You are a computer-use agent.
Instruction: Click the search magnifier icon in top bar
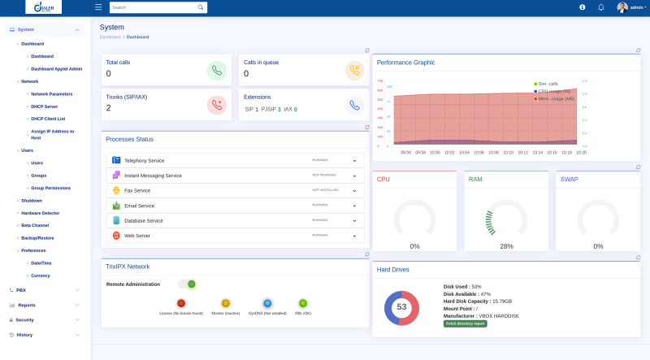coord(201,7)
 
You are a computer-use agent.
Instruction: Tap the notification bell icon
coord(600,7)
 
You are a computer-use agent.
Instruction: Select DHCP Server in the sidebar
coord(44,106)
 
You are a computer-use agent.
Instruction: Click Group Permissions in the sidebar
coord(50,188)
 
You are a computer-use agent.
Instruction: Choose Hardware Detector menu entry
coord(40,213)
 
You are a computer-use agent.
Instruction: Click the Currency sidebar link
coord(41,275)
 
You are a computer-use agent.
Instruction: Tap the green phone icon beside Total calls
coord(216,71)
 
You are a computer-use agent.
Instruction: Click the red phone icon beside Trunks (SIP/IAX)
coord(216,104)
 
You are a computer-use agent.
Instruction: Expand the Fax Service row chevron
coord(354,190)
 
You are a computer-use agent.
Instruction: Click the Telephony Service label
coord(144,160)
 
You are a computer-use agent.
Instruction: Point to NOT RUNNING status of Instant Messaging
coord(323,175)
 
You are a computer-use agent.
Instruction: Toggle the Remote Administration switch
coord(188,284)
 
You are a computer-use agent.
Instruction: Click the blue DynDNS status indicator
coord(267,303)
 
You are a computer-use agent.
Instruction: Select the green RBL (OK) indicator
coord(302,303)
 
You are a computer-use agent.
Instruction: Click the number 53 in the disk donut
coord(401,307)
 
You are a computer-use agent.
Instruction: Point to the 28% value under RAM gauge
coord(506,246)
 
